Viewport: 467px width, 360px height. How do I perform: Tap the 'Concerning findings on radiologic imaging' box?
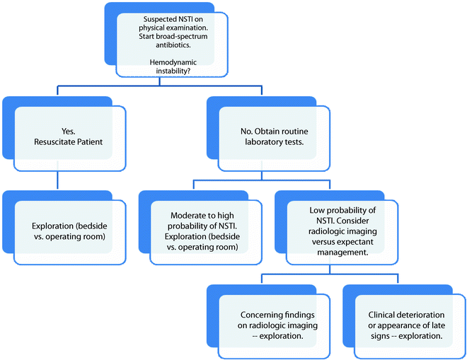(271, 325)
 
